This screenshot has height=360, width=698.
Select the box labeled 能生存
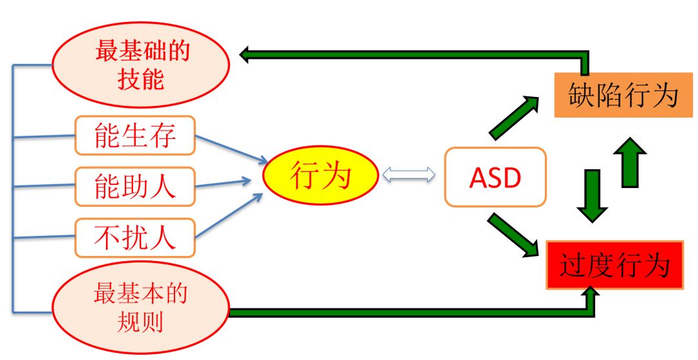135,136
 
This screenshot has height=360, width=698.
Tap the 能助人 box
135,187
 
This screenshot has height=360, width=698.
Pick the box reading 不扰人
135,238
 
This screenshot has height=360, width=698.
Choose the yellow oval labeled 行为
320,176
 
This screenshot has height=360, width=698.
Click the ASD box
495,177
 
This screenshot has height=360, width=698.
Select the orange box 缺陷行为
622,96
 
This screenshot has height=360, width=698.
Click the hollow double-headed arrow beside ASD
408,174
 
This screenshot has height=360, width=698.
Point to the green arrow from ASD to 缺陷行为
514,117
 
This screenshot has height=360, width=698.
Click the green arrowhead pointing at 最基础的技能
246,56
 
